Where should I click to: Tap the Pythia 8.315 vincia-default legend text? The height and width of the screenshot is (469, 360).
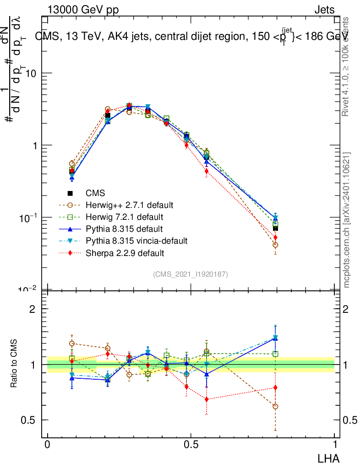[136, 240]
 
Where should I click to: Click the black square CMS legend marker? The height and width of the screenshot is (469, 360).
[71, 193]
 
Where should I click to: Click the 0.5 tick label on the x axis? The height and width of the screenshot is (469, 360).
[191, 444]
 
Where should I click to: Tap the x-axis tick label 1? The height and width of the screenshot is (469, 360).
[335, 444]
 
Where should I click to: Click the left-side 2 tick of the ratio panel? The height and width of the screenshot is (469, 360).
[33, 309]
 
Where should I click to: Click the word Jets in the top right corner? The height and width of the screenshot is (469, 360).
[325, 10]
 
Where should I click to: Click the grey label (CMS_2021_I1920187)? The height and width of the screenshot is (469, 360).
[191, 274]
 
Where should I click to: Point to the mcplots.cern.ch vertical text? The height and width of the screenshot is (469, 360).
[347, 220]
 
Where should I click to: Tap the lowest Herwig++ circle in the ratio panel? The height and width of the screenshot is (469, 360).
[275, 406]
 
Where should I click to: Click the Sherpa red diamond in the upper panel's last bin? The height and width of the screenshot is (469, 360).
[275, 237]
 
